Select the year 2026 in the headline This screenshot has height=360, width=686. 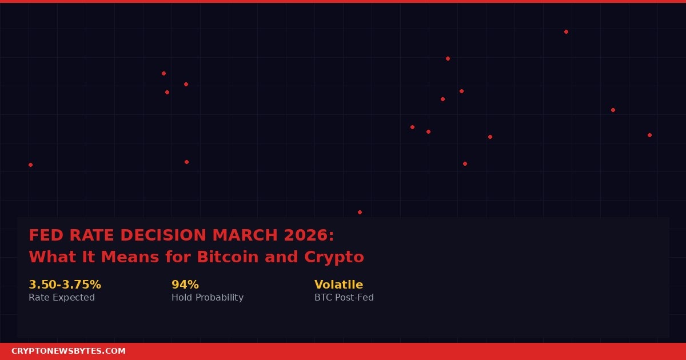306,235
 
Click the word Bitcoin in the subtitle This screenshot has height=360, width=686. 227,257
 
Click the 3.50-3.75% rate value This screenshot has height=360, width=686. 65,285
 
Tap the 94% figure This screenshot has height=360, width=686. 185,285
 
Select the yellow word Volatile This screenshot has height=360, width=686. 338,285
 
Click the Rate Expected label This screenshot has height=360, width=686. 62,298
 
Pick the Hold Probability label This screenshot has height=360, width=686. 208,298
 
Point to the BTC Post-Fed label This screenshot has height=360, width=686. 344,298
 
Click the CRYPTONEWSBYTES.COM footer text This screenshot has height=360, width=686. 69,351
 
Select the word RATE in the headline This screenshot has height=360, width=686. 86,235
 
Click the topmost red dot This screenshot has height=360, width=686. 566,31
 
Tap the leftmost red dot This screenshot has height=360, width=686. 30,165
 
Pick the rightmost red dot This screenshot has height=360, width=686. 649,135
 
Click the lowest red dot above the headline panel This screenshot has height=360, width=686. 360,212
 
